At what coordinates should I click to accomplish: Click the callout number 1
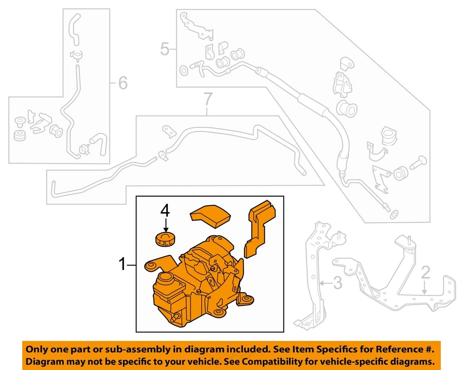123,264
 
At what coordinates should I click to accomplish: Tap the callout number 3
338,283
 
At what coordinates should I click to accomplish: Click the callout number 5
165,49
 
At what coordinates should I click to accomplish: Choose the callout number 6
123,84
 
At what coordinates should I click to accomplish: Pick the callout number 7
207,100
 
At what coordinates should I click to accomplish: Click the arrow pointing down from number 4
165,224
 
